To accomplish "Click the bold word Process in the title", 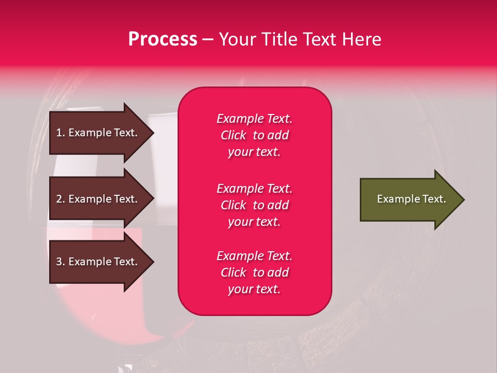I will click(x=163, y=39).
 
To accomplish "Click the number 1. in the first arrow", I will click(x=61, y=133).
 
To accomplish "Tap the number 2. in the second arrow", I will click(x=61, y=199).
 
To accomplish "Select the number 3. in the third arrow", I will click(x=61, y=262).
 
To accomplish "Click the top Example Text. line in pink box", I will click(x=254, y=119).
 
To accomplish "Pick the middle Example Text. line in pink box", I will click(x=254, y=189).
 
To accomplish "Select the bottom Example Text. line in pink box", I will click(x=254, y=256).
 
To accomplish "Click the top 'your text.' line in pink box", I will click(x=254, y=152).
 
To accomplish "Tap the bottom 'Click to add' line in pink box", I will click(x=254, y=272).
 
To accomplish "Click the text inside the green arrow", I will click(x=411, y=199).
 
